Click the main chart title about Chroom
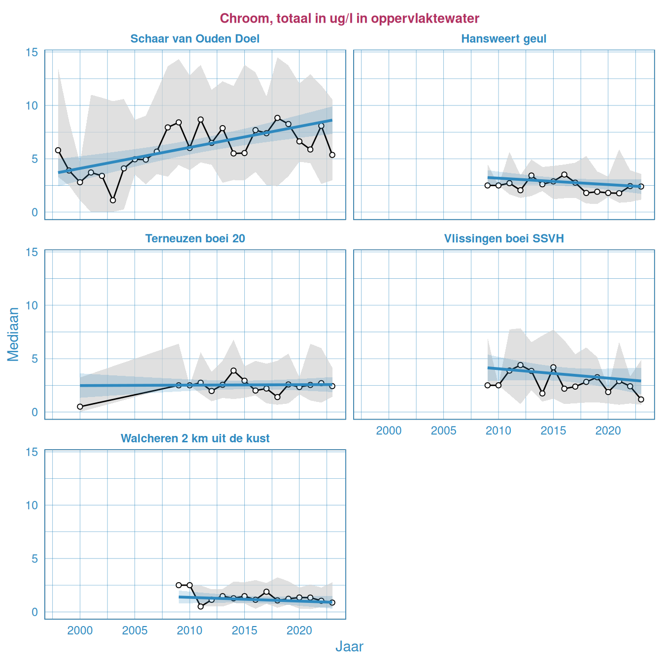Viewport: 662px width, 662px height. (x=349, y=19)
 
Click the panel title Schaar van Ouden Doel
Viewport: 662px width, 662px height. (x=195, y=39)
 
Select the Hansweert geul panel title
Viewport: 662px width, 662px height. (x=504, y=39)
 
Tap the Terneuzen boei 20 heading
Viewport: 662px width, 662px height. (x=195, y=239)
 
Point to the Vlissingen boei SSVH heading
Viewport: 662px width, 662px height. (x=504, y=239)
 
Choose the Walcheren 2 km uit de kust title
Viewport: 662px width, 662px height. (x=195, y=439)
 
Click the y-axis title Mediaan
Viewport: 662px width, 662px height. (x=13, y=334)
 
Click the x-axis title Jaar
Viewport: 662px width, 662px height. (x=349, y=647)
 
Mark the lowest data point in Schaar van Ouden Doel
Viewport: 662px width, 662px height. (x=113, y=200)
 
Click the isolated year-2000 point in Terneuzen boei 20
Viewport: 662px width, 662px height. (x=80, y=406)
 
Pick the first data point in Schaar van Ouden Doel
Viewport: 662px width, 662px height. (x=58, y=150)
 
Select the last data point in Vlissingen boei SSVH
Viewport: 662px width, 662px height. (x=641, y=399)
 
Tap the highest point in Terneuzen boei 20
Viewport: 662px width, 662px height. (x=233, y=370)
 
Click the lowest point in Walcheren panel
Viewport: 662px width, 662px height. (x=200, y=606)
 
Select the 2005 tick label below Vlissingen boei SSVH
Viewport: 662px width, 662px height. (x=443, y=431)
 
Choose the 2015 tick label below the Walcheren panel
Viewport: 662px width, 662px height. (x=244, y=631)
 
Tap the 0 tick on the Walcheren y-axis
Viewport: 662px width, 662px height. (x=34, y=612)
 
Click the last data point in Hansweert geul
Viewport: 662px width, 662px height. (x=641, y=186)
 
